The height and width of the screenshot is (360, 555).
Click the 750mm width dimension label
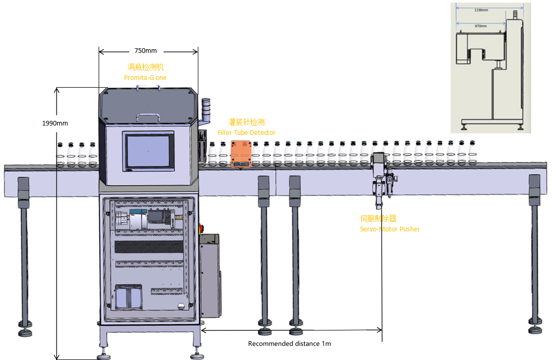145,51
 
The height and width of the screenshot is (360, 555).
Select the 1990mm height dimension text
55,123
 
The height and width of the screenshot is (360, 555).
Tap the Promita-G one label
145,77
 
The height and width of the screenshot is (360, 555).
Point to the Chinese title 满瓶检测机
146,67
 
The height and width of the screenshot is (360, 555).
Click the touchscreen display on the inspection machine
148,151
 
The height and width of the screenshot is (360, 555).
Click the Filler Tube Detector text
246,133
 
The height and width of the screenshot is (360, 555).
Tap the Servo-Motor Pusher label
390,229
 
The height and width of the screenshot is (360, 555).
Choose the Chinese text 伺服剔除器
378,219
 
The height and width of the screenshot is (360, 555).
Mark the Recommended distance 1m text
289,343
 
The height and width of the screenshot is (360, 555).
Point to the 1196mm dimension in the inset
481,10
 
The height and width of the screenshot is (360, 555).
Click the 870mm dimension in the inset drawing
481,25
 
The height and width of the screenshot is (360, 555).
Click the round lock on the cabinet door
181,306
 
